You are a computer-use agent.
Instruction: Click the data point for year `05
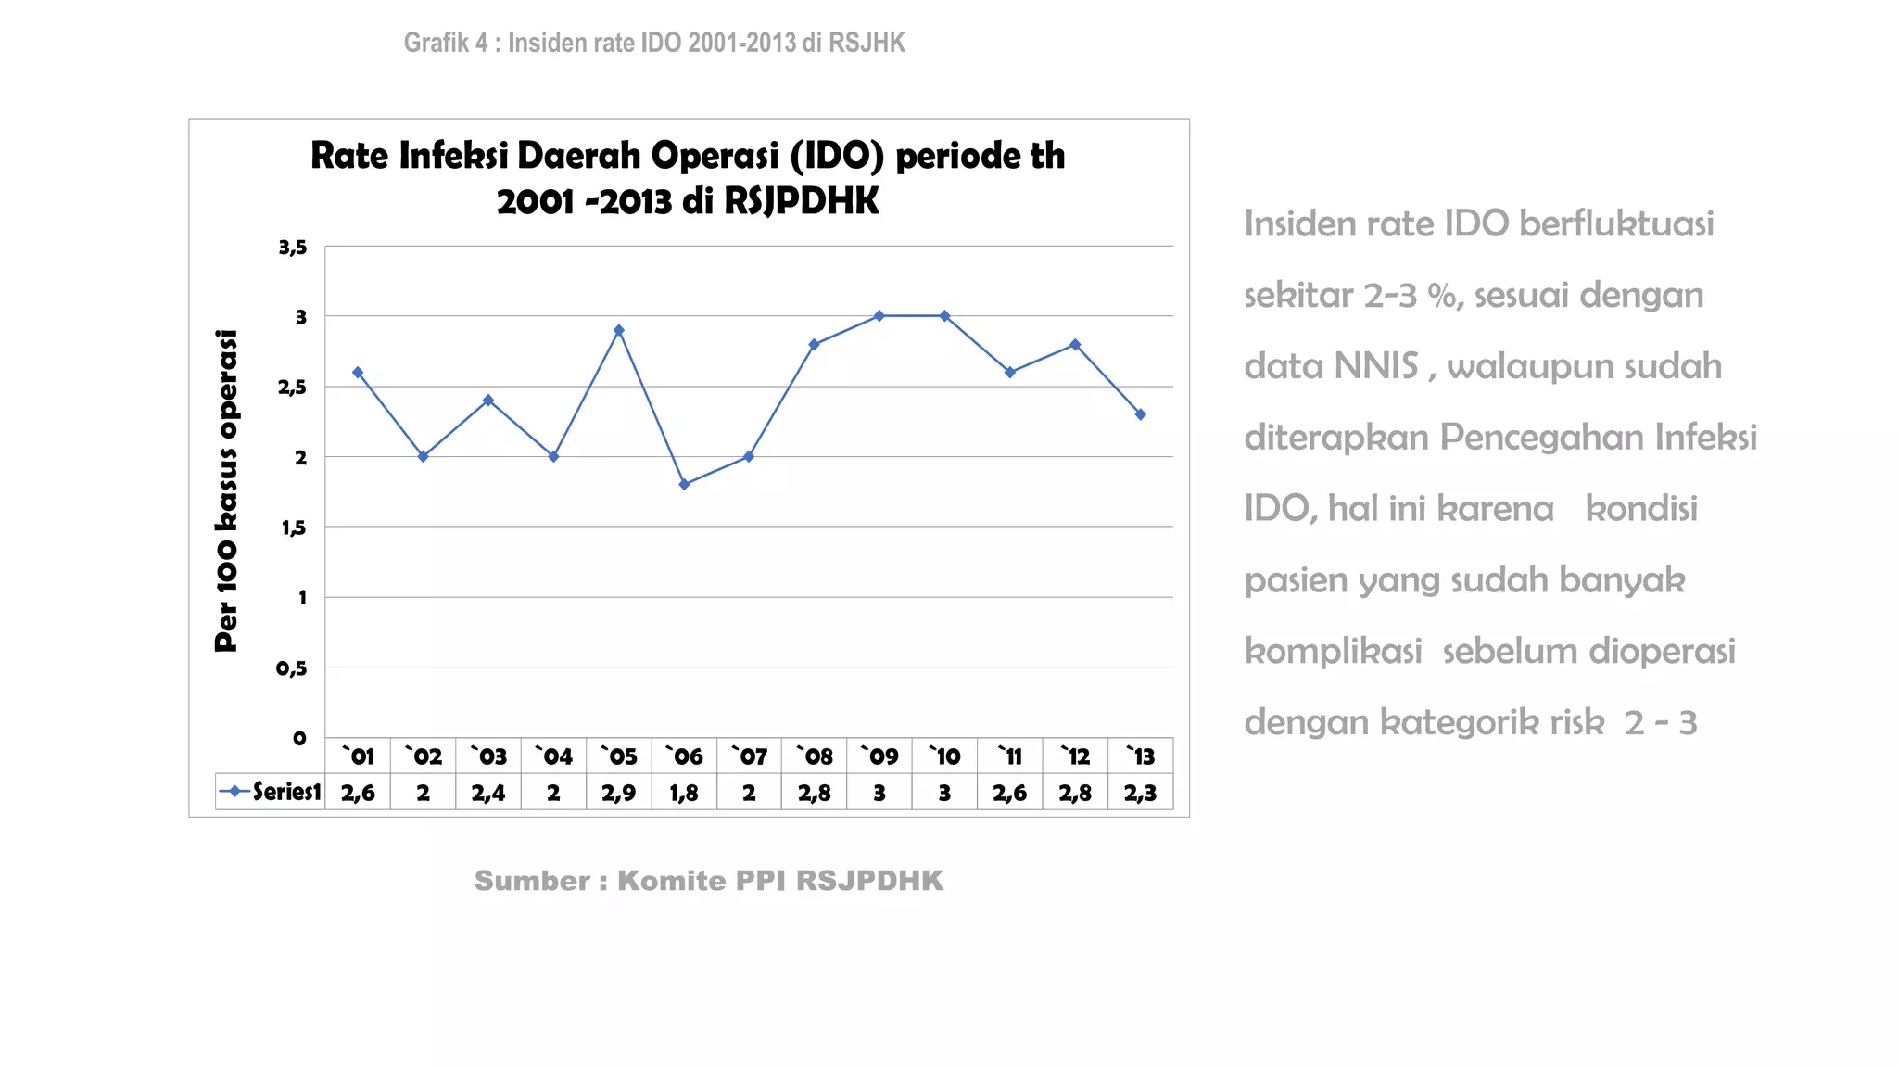619,330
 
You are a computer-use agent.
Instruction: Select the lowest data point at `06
684,484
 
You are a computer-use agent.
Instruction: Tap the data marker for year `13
1140,414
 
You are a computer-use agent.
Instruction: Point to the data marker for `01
358,373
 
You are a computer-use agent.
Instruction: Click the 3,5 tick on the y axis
292,248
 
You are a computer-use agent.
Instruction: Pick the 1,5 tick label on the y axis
293,528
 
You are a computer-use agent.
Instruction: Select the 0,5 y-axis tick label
291,668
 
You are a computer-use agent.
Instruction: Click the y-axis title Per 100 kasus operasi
226,490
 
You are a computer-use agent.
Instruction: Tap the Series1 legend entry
271,792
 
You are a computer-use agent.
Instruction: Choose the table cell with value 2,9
618,794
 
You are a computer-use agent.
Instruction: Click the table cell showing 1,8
684,794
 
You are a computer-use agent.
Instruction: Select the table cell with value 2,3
1140,794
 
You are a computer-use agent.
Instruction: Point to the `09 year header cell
879,756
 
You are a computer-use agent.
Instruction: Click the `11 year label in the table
1009,756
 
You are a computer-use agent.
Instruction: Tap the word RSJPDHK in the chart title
801,201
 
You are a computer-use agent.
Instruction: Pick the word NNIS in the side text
1377,366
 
